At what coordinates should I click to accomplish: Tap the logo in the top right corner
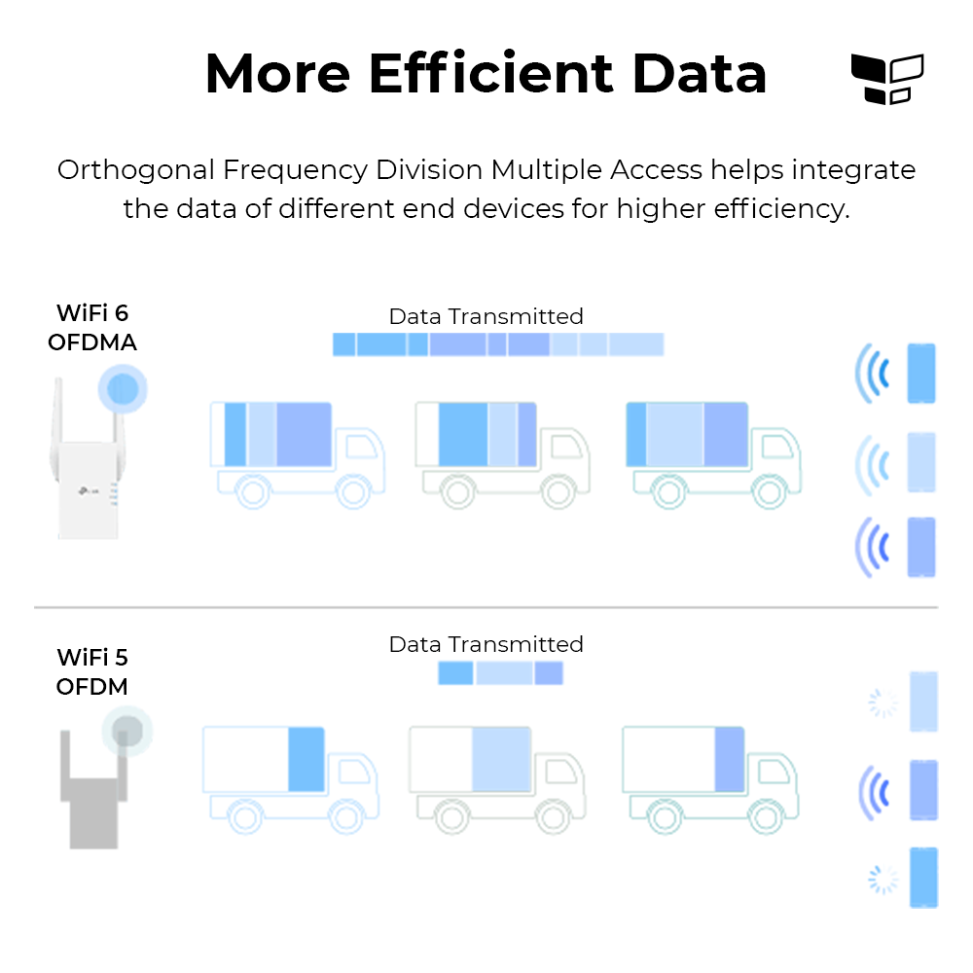coord(887,79)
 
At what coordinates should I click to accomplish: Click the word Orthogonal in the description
coord(136,170)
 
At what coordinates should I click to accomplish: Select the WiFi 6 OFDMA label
coord(92,328)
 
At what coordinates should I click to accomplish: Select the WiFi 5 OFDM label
coord(92,672)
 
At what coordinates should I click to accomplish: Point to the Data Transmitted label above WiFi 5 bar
coord(486,644)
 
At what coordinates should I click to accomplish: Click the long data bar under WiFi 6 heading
coord(498,344)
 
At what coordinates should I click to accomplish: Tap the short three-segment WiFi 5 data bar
coord(501,673)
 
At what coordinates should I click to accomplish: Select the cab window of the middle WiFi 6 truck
coord(566,447)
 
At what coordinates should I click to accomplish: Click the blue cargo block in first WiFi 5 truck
coord(306,759)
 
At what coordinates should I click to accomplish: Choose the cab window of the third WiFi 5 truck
coord(774,772)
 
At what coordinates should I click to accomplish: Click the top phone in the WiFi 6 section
coord(921,374)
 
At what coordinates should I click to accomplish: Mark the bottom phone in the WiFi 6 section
coord(921,547)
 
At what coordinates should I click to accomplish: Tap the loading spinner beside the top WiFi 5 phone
coord(883,703)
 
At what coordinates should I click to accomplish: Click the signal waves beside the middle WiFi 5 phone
coord(874,792)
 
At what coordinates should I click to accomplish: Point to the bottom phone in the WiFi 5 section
coord(924,878)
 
